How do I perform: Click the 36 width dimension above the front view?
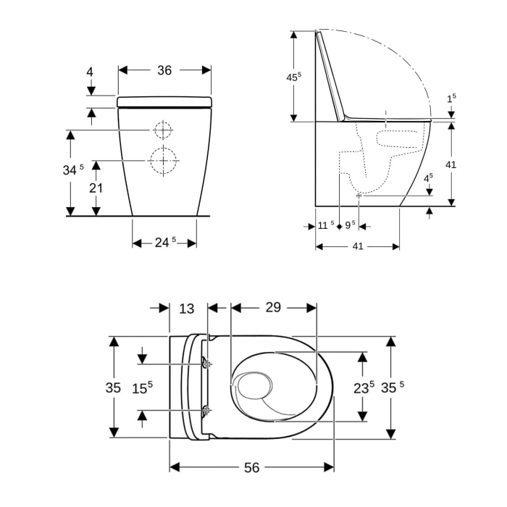164,70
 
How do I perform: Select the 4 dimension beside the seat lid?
90,72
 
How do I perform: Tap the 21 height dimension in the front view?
96,188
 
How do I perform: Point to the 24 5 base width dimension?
164,243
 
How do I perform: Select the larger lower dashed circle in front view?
164,160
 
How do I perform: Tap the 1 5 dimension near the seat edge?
451,98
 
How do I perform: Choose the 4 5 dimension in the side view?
428,177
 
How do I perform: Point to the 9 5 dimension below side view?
351,225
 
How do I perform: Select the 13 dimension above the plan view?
187,309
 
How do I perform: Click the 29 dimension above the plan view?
272,307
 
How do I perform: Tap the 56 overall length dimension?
251,468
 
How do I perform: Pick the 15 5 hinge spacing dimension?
142,387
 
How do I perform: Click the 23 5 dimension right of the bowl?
364,387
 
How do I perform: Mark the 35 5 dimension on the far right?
392,387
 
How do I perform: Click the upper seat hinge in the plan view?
207,363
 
